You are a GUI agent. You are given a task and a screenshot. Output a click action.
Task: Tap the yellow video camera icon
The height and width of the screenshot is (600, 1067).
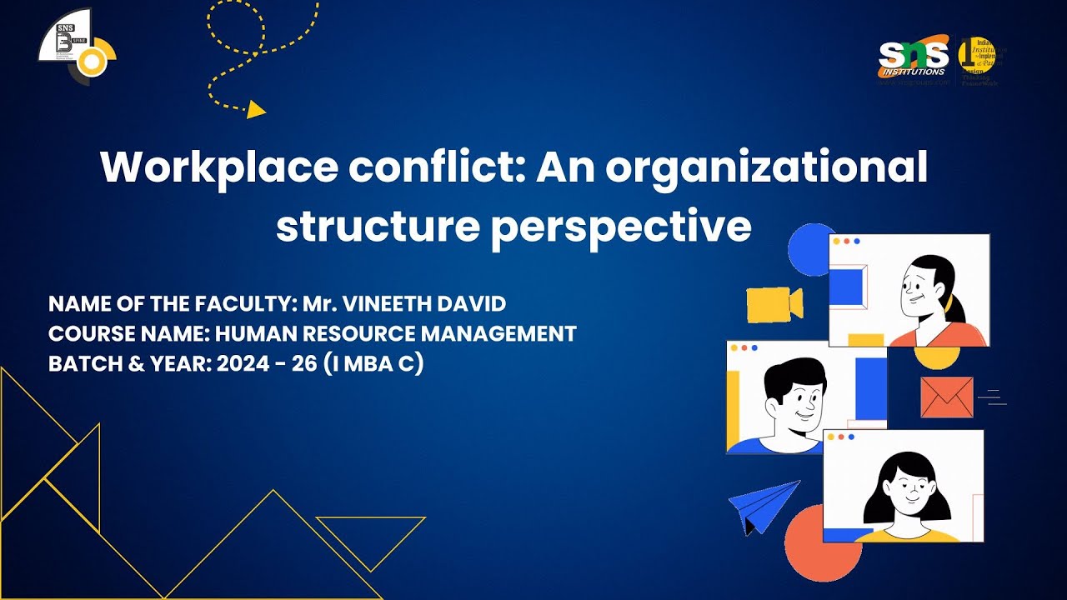click(x=774, y=304)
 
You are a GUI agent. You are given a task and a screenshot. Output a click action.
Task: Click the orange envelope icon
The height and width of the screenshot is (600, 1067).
click(x=947, y=397)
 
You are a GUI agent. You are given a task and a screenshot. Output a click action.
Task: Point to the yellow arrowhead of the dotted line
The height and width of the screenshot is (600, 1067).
click(x=257, y=109)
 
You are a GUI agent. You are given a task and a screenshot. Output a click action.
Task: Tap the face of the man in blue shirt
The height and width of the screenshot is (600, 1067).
click(x=792, y=400)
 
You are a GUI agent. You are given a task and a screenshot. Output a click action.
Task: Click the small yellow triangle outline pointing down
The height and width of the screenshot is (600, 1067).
click(x=371, y=538)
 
